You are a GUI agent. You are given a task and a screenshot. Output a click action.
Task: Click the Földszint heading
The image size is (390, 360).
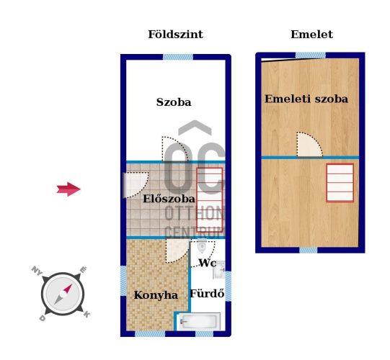pos(176,35)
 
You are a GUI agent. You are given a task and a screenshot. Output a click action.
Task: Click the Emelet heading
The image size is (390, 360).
pos(311,35)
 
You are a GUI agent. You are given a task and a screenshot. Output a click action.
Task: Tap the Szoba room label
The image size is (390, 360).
pos(174,102)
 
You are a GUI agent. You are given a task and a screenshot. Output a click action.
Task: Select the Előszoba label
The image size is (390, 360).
pos(169,199)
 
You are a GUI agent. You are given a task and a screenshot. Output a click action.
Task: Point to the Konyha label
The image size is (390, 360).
pos(156,295)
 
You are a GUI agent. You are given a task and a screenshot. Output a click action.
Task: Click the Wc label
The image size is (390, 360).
pos(208,263)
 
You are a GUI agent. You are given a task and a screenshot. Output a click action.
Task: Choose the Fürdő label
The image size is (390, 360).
pos(207,294)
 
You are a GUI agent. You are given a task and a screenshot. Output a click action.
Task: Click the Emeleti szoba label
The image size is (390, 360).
pos(306,99)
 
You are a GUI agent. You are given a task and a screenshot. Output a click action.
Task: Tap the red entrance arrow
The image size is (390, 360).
pos(68,189)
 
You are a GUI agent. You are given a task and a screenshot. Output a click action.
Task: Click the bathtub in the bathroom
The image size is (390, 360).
pos(200,321)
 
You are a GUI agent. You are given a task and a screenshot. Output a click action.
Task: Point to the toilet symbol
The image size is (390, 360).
pos(202,246)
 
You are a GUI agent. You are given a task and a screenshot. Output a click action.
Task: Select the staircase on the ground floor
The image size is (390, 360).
pos(210,200)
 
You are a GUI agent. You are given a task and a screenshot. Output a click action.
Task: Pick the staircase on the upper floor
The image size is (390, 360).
pos(340,183)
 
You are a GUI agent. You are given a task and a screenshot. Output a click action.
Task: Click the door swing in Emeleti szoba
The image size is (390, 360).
pos(309,145)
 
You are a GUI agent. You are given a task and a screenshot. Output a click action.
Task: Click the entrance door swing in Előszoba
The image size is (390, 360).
pos(136,185)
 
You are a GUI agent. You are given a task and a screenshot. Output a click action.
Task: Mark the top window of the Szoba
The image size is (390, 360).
pos(178,57)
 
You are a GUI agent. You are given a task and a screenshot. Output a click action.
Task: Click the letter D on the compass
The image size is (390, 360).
pos(43,318)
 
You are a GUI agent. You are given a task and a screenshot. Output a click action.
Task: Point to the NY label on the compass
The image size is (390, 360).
pos(37,270)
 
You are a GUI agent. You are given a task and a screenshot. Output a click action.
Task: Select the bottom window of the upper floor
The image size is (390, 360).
pos(308,250)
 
